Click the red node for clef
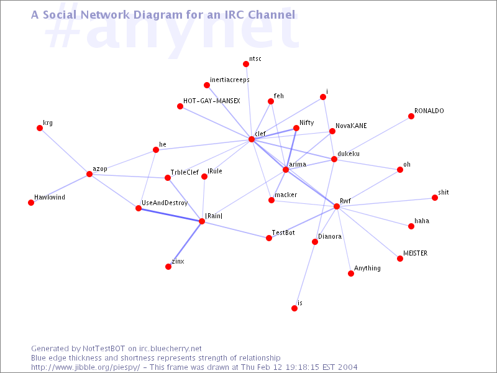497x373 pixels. [x=252, y=139]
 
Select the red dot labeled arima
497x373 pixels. [x=286, y=170]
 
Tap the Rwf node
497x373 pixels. [x=337, y=206]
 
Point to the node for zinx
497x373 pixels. [x=168, y=267]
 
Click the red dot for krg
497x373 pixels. [x=40, y=128]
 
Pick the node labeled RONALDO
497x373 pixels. [x=411, y=116]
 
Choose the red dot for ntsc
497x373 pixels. [x=245, y=64]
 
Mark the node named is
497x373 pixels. [x=294, y=308]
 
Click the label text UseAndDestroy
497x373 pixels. [x=165, y=203]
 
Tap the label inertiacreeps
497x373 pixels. [x=230, y=80]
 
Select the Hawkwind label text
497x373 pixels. [x=50, y=197]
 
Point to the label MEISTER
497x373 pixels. [x=415, y=253]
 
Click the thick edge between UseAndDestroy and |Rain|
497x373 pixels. [x=170, y=214]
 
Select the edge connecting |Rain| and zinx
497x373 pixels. [x=185, y=244]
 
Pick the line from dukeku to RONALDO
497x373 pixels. [x=372, y=137]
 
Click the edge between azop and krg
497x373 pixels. [x=65, y=151]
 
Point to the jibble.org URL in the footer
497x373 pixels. [x=86, y=367]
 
